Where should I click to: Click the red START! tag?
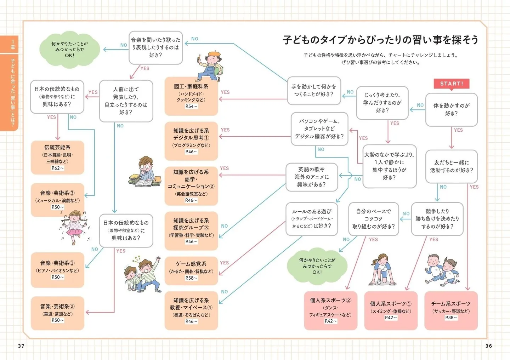pyautogui.click(x=451, y=84)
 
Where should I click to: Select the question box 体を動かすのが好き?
pyautogui.click(x=451, y=110)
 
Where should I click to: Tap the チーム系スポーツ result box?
pyautogui.click(x=451, y=310)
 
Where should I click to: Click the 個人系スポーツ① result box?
pyautogui.click(x=391, y=310)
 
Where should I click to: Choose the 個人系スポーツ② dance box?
pyautogui.click(x=330, y=310)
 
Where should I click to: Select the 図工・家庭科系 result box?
pyautogui.click(x=191, y=96)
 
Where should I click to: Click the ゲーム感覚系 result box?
pyautogui.click(x=191, y=271)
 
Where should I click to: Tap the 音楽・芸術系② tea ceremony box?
pyautogui.click(x=57, y=313)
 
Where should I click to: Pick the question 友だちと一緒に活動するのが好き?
pyautogui.click(x=451, y=166)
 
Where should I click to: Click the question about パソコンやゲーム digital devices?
pyautogui.click(x=319, y=129)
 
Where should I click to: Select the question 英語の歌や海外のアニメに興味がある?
pyautogui.click(x=312, y=177)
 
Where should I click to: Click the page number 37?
pyautogui.click(x=21, y=346)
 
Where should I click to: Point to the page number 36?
pyautogui.click(x=489, y=346)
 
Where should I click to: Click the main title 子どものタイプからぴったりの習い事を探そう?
pyautogui.click(x=380, y=40)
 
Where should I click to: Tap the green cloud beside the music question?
pyautogui.click(x=69, y=50)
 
